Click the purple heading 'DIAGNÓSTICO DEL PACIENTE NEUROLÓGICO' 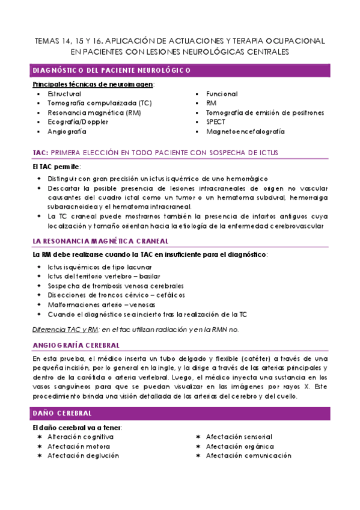[111, 70]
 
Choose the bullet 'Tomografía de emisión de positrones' [264, 112]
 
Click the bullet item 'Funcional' [222, 94]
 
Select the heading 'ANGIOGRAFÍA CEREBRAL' [76, 345]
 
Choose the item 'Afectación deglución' [83, 455]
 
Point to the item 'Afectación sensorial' [239, 437]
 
